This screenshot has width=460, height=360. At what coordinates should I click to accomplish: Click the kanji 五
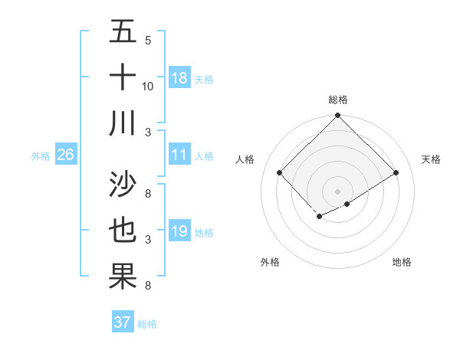click(123, 32)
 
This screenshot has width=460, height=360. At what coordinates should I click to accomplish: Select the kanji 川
click(123, 123)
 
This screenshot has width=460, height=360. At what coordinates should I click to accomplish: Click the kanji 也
click(123, 231)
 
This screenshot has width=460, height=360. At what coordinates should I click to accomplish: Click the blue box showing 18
click(179, 78)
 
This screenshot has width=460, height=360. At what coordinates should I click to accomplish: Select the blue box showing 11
click(179, 155)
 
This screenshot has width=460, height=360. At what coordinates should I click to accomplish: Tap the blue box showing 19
click(179, 231)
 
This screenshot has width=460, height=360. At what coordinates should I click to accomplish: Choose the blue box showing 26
click(65, 155)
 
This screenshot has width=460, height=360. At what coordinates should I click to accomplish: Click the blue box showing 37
click(123, 322)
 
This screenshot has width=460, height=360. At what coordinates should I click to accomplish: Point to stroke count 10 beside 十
click(148, 86)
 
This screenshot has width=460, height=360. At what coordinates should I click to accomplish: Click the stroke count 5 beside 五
click(148, 41)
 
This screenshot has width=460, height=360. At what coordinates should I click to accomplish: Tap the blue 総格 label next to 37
click(148, 324)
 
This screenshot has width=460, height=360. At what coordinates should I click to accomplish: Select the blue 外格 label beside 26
click(41, 156)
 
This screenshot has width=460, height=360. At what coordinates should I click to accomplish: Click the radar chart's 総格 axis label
click(338, 100)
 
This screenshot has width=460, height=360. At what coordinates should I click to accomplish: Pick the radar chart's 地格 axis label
click(402, 262)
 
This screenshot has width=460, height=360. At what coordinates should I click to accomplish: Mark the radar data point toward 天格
click(396, 172)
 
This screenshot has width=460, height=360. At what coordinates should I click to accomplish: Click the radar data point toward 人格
click(280, 172)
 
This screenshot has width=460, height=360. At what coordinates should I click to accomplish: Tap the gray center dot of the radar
click(338, 191)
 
